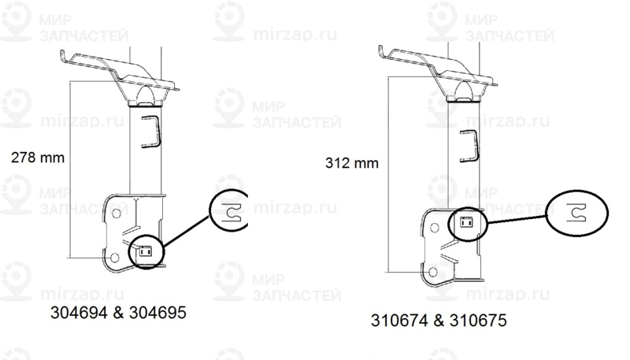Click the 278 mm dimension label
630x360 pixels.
pos(38,157)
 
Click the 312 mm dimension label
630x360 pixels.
pos(352,163)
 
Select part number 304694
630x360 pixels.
pos(79,312)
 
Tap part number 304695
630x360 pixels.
pos(158,312)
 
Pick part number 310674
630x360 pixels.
pos(399,321)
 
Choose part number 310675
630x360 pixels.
pos(478,321)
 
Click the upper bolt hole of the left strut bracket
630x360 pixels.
pos(116,213)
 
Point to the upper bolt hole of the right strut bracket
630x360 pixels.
pos(435,228)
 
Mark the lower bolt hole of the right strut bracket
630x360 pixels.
pos(432,272)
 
